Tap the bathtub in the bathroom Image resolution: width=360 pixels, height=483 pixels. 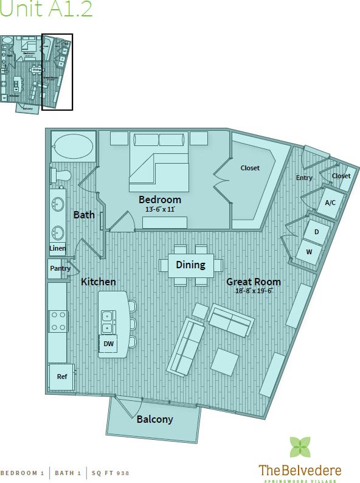73,147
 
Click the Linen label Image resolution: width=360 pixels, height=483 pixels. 58,248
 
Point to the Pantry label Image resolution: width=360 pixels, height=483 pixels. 60,268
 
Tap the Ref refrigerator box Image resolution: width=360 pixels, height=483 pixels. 61,377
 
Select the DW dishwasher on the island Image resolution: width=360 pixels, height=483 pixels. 109,344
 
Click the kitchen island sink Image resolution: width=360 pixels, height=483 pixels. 107,322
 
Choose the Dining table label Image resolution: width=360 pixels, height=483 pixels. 190,265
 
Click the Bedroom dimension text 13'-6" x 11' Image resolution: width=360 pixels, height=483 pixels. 160,209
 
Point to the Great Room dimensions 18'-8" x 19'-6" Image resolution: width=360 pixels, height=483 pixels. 254,291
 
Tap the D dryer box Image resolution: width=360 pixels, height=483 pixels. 316,232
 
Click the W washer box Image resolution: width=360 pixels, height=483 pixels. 309,251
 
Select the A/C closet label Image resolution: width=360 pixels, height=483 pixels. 330,203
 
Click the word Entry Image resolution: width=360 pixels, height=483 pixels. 304,178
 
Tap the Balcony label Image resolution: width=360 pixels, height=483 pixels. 154,419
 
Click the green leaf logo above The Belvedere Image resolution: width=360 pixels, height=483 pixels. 300,447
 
